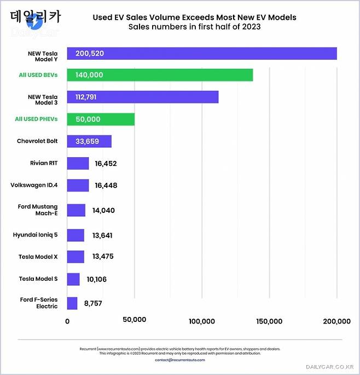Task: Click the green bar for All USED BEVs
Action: pos(160,75)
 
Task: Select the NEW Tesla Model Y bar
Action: pos(201,53)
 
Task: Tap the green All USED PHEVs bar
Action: pos(101,119)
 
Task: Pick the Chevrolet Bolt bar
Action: pos(89,141)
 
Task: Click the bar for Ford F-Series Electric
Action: pos(72,303)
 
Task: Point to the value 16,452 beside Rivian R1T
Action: pos(106,164)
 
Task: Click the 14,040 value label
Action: pos(103,210)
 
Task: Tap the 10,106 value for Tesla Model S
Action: pos(97,280)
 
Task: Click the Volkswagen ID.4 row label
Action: pos(34,185)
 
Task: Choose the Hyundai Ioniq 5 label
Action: pos(36,234)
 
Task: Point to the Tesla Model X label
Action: pos(38,256)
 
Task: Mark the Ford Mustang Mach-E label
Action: pos(38,210)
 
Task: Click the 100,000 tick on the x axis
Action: pos(201,321)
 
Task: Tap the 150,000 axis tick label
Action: pos(269,321)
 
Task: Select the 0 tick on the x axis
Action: pos(67,321)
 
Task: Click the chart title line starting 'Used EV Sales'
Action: pos(194,18)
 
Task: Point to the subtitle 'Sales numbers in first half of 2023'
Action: pos(194,27)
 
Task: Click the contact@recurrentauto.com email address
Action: pos(180,360)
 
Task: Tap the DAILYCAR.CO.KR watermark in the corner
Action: pos(330,367)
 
